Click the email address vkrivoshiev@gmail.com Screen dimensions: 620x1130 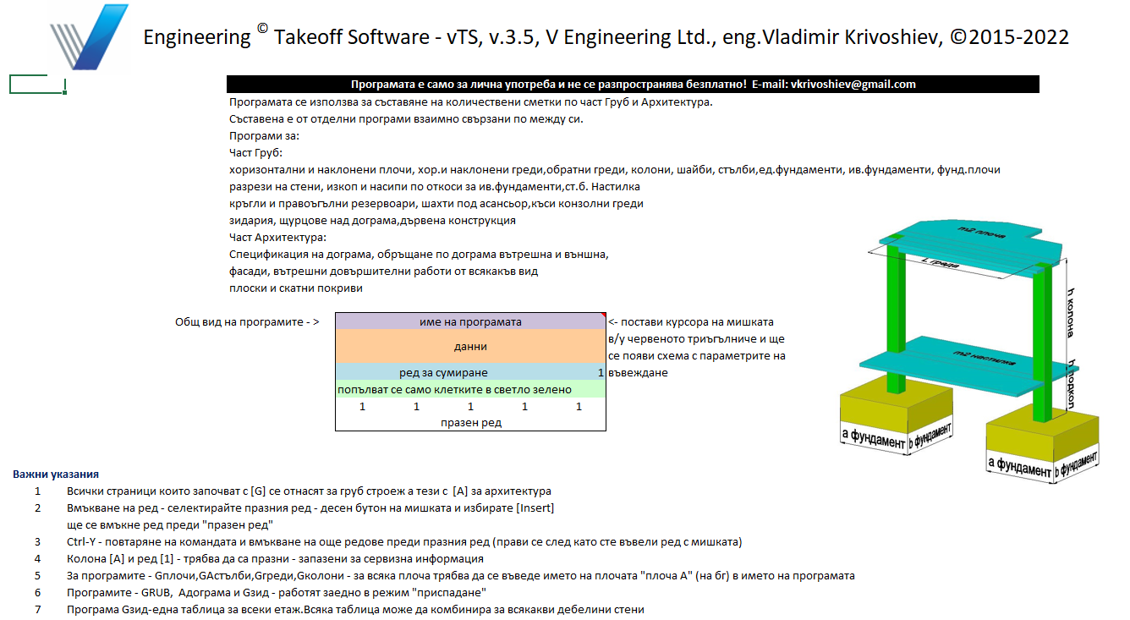(852, 85)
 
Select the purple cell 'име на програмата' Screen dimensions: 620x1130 (470, 321)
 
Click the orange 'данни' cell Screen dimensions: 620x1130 (470, 346)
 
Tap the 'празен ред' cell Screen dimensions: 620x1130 (470, 423)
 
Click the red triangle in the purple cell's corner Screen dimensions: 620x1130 (603, 315)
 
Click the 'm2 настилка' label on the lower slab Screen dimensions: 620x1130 (972, 354)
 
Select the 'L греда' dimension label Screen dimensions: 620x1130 (939, 263)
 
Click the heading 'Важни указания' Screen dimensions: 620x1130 (56, 475)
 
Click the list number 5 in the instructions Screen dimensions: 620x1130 (37, 576)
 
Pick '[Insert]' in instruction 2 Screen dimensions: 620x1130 (535, 508)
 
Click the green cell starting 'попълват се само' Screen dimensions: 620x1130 (470, 389)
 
